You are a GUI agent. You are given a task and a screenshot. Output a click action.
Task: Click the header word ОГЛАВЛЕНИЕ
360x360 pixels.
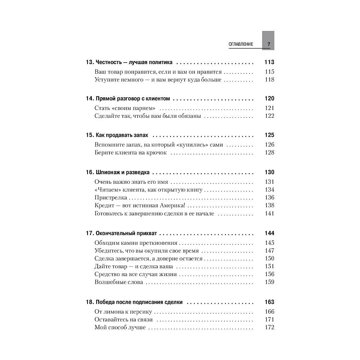pyautogui.click(x=241, y=44)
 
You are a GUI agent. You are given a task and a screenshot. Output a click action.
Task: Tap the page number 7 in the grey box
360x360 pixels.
pyautogui.click(x=268, y=44)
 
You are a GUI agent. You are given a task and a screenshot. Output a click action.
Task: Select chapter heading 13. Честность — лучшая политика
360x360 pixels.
pyautogui.click(x=129, y=62)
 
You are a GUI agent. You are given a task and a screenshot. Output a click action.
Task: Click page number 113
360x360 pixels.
pyautogui.click(x=269, y=62)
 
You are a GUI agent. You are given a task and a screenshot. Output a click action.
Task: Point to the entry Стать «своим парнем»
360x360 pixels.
pyautogui.click(x=125, y=108)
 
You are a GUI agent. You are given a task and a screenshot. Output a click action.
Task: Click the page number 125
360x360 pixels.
pyautogui.click(x=269, y=135)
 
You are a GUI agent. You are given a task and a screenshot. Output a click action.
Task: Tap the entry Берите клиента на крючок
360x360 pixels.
pyautogui.click(x=131, y=153)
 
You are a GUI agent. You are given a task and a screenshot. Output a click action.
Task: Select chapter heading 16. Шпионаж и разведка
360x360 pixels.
pyautogui.click(x=118, y=172)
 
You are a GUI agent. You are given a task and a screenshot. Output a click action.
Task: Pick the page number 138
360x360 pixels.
pyautogui.click(x=269, y=205)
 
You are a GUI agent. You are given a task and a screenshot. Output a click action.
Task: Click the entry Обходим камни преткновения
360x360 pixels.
pyautogui.click(x=136, y=242)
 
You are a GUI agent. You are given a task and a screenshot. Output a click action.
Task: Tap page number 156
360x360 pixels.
pyautogui.click(x=269, y=274)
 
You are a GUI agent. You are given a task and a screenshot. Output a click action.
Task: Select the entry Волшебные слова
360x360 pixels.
pyautogui.click(x=119, y=282)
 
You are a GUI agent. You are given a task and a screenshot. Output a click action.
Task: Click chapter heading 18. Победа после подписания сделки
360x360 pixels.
pyautogui.click(x=134, y=302)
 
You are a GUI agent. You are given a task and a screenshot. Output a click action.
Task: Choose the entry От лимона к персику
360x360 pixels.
pyautogui.click(x=123, y=312)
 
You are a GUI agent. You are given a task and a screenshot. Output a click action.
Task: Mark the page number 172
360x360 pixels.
pyautogui.click(x=269, y=327)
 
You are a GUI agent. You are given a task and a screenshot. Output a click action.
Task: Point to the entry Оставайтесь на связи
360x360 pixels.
pyautogui.click(x=124, y=319)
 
